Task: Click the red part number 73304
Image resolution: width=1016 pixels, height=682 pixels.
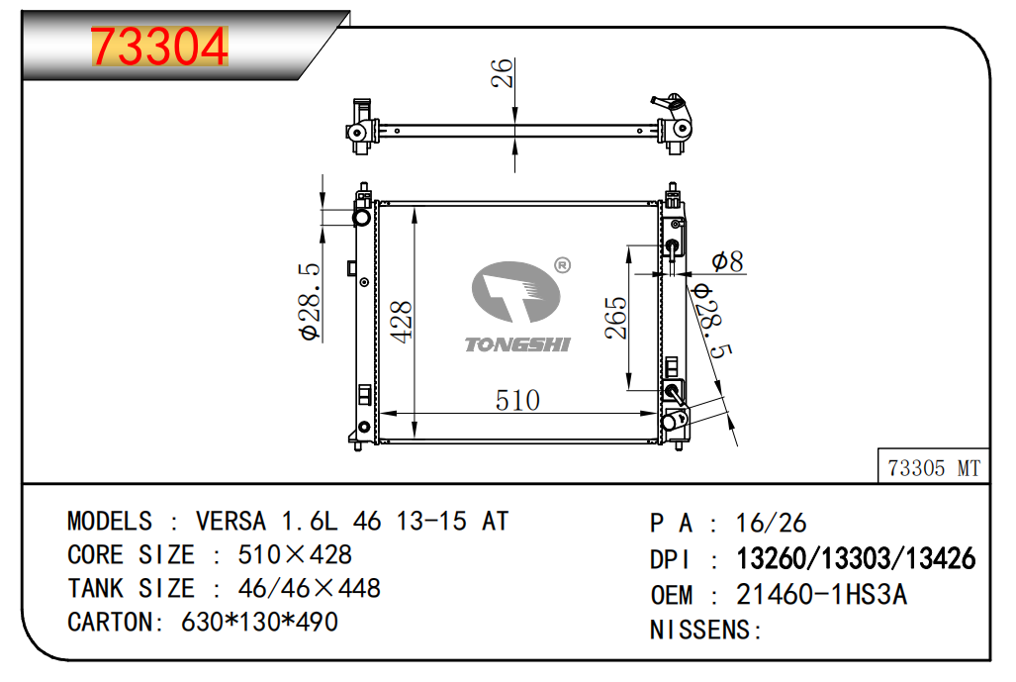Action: [x=159, y=47]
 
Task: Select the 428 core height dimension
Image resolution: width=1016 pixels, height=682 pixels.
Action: [x=402, y=322]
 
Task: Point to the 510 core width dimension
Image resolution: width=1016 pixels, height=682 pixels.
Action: [x=517, y=401]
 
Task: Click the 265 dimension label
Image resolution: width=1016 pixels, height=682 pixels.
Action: [x=616, y=318]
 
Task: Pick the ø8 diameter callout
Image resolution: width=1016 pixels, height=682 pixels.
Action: [x=728, y=261]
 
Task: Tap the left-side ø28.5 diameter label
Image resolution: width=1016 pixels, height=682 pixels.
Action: [x=310, y=302]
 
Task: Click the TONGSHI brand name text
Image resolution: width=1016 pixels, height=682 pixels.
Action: [x=517, y=344]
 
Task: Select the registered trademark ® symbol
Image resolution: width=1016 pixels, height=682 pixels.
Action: [x=563, y=265]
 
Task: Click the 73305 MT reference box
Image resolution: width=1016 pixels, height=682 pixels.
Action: [x=934, y=467]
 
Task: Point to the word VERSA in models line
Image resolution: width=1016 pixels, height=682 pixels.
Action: [x=231, y=522]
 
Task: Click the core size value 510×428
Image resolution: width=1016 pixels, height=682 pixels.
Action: [x=295, y=555]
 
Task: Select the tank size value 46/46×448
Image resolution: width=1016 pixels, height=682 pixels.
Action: [x=309, y=589]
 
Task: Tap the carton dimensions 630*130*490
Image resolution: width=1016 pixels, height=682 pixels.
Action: [x=259, y=623]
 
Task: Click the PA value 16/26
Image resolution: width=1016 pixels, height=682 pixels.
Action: [x=771, y=524]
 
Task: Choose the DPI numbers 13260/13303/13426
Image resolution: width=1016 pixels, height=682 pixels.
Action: [x=856, y=559]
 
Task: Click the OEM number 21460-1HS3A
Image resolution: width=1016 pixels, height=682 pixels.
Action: [x=822, y=595]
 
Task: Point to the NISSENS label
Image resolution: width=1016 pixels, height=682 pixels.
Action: [x=700, y=631]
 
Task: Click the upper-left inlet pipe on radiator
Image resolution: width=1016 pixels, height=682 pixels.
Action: [x=361, y=217]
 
